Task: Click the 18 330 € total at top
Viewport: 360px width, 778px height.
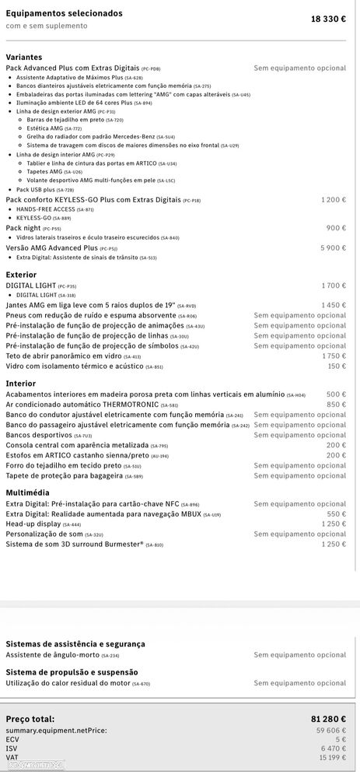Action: tap(328, 18)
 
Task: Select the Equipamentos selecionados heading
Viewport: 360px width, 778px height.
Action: tap(64, 13)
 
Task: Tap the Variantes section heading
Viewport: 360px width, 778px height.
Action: tap(24, 58)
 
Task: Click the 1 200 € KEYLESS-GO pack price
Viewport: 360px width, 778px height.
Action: tap(334, 200)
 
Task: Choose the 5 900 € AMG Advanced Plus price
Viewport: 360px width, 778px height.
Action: tap(334, 248)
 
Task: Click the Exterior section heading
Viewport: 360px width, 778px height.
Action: tap(21, 275)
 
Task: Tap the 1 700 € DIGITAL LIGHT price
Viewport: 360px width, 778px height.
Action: tap(334, 286)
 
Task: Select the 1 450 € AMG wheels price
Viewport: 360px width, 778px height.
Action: tap(334, 306)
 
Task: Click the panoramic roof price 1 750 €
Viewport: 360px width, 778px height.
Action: tap(334, 356)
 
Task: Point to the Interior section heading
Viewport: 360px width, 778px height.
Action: tap(20, 384)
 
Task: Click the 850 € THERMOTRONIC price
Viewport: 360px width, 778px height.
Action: tap(337, 405)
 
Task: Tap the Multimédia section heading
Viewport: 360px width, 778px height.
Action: tap(27, 492)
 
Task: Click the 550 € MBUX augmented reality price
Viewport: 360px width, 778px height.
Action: tap(337, 513)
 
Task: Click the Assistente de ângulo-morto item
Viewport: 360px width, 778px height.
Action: tap(58, 655)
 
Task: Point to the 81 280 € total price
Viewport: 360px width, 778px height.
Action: tap(327, 720)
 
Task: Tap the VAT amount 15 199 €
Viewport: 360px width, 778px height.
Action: tap(330, 757)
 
